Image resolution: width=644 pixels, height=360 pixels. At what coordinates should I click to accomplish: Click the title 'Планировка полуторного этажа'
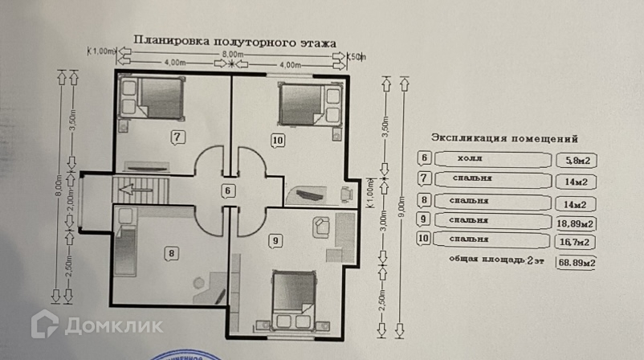click(234, 40)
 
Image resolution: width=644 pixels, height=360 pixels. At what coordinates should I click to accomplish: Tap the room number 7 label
click(178, 137)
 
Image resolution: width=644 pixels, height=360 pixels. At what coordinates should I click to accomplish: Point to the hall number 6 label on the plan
click(229, 190)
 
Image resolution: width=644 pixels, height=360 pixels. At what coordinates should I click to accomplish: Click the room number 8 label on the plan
click(171, 253)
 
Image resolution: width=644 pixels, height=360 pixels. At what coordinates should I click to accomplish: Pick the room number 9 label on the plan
click(275, 239)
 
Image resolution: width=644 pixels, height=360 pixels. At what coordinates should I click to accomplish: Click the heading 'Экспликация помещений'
click(504, 137)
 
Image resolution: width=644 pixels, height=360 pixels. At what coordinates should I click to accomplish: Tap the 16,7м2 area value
click(575, 241)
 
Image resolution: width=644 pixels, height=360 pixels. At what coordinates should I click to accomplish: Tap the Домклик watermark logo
click(96, 325)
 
